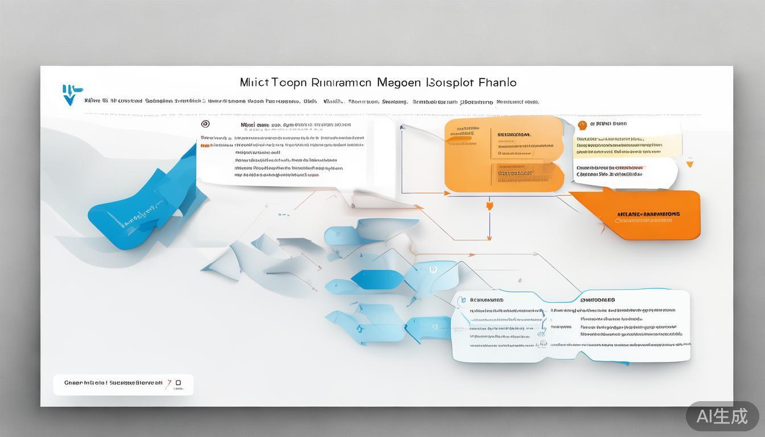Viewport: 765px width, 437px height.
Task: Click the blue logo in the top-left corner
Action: [71, 94]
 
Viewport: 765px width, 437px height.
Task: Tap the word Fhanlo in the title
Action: [497, 83]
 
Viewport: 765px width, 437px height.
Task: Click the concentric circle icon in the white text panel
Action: [205, 124]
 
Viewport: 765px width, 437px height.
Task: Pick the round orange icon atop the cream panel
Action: [582, 125]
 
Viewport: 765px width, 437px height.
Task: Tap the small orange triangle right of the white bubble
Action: [690, 164]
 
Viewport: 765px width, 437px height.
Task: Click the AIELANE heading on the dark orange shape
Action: [648, 215]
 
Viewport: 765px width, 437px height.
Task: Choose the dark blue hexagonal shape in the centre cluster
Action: [373, 278]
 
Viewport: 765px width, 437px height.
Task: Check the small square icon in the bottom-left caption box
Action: [179, 383]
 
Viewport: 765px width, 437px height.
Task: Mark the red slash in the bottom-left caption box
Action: [168, 384]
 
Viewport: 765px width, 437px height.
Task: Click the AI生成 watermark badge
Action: [722, 416]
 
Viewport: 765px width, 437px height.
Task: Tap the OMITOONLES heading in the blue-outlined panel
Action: [597, 300]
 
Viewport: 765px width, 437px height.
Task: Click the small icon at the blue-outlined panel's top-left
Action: [463, 299]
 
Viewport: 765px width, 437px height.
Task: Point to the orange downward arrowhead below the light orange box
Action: [489, 205]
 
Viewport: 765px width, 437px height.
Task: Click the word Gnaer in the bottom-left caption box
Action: [72, 383]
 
